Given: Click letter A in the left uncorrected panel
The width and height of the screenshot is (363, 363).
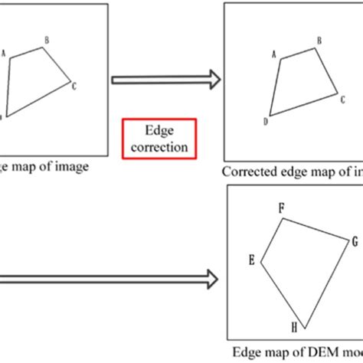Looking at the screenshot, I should pyautogui.click(x=5, y=54).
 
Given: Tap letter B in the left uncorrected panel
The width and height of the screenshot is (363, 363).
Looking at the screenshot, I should pyautogui.click(x=47, y=39).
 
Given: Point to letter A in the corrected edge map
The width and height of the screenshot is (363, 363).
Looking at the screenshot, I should pyautogui.click(x=273, y=54).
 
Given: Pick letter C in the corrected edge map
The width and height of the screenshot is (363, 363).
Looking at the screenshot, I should pyautogui.click(x=342, y=90).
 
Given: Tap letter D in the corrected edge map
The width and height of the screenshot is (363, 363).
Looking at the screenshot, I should pyautogui.click(x=265, y=121).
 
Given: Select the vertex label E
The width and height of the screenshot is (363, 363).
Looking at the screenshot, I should pyautogui.click(x=251, y=260).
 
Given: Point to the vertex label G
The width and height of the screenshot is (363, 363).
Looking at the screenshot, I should pyautogui.click(x=355, y=241).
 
